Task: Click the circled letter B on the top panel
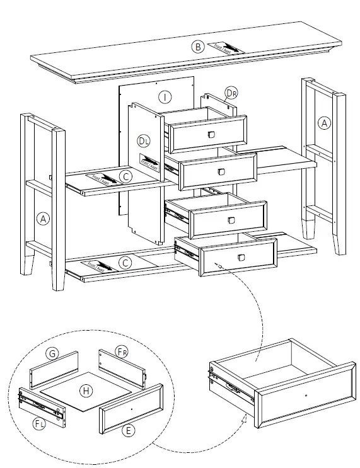click(198, 46)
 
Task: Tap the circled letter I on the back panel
click(165, 97)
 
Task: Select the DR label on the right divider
click(232, 93)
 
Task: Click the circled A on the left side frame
click(43, 219)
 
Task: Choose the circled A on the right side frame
click(324, 123)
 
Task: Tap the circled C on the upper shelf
click(126, 177)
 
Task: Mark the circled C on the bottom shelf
click(125, 263)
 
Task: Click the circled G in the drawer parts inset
click(54, 354)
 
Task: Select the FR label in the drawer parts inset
click(122, 350)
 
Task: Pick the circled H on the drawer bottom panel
click(86, 391)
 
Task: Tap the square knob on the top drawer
click(211, 135)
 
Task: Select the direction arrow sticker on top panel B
click(224, 47)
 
